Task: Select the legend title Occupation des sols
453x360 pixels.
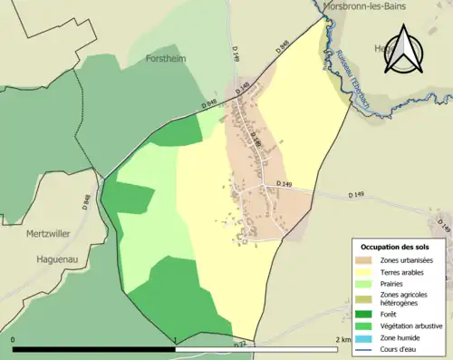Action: [394, 247]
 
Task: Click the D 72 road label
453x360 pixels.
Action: [240, 345]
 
